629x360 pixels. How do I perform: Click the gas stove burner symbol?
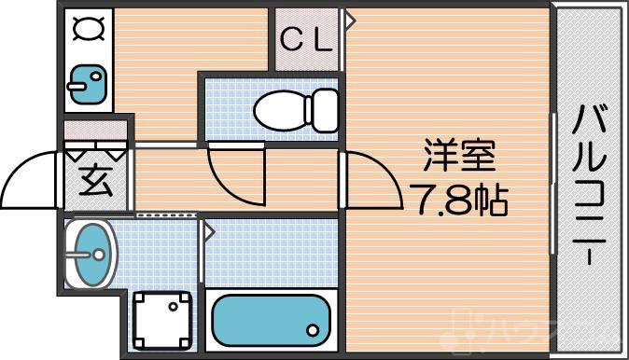pyautogui.click(x=89, y=32)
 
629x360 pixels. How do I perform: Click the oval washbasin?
pyautogui.click(x=91, y=252)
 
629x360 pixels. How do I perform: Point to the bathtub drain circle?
pyautogui.click(x=313, y=329)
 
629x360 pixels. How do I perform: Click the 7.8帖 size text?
pyautogui.click(x=457, y=198)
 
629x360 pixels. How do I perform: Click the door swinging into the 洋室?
pyautogui.click(x=369, y=173)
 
